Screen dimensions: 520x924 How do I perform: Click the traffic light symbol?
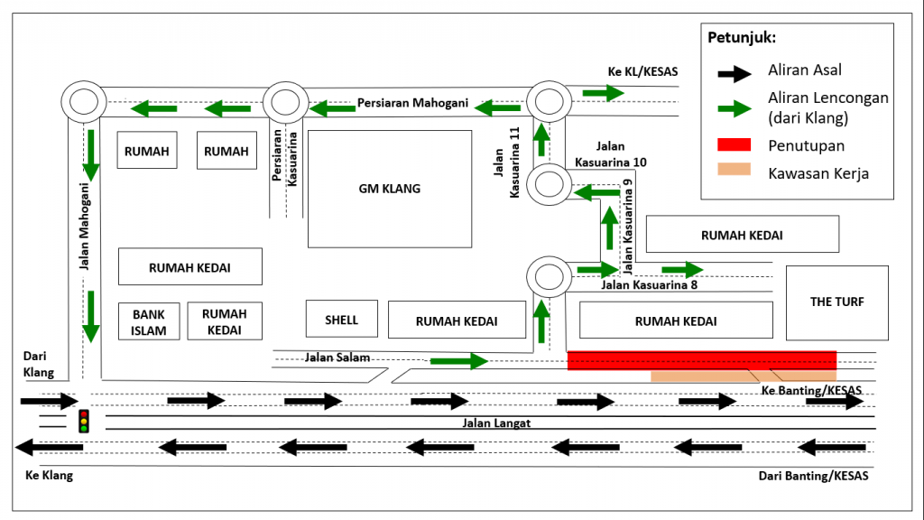84,421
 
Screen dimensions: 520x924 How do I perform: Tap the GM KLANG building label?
390,189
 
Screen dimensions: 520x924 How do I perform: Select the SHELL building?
341,320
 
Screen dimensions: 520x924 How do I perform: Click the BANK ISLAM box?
149,321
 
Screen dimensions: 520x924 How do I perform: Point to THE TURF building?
836,302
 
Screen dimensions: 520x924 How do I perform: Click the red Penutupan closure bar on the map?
701,359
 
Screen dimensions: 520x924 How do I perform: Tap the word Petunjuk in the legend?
742,38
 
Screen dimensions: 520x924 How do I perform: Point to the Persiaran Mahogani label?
412,103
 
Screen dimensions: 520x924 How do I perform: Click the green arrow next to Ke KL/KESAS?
603,92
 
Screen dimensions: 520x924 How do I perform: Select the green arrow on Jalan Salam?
458,362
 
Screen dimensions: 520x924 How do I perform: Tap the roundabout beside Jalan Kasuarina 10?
550,184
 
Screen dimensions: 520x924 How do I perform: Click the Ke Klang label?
49,476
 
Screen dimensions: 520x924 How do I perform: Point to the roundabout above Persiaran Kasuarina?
284,102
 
